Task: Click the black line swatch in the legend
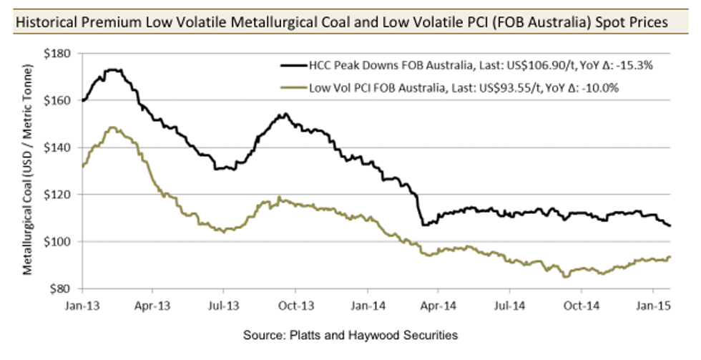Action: (295, 66)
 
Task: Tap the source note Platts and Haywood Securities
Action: (350, 334)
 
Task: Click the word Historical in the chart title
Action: (45, 22)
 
